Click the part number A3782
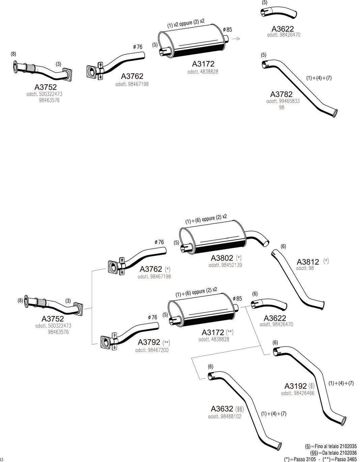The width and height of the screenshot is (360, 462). click(x=281, y=94)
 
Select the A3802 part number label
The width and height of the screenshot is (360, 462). click(x=222, y=258)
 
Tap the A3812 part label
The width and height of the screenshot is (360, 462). click(x=308, y=262)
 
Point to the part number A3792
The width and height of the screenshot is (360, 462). click(x=149, y=342)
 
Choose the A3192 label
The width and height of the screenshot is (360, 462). click(x=296, y=386)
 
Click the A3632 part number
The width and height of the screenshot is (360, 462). click(x=222, y=409)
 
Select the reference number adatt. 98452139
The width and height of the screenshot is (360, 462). click(x=225, y=265)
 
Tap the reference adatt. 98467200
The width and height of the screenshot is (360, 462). click(x=151, y=350)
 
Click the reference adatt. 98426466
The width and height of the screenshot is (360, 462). click(x=297, y=393)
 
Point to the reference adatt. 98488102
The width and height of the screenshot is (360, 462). click(x=224, y=416)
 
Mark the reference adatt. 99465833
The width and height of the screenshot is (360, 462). click(x=283, y=101)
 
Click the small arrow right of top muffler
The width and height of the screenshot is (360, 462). click(x=238, y=39)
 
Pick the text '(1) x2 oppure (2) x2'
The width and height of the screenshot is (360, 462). click(x=186, y=23)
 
